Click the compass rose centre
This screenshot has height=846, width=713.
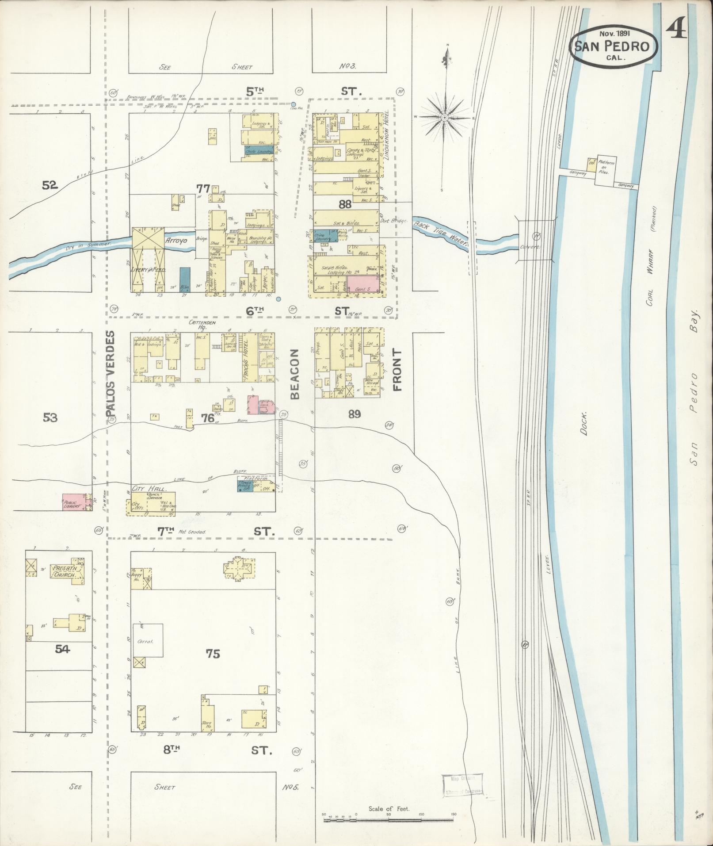tap(445, 117)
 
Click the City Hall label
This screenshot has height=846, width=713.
tap(148, 489)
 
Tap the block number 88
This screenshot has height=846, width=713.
tap(345, 204)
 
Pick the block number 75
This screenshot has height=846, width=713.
tap(213, 653)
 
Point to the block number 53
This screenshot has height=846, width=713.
tap(50, 417)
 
